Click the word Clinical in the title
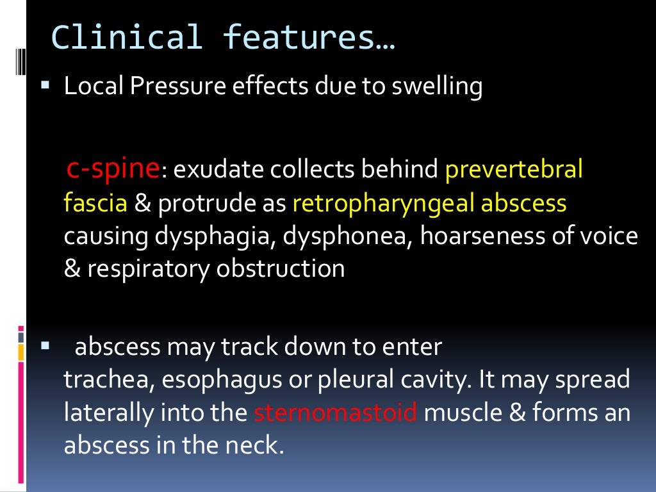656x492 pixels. tap(127, 37)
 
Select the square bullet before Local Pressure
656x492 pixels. tap(44, 84)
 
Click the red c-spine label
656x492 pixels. tap(113, 168)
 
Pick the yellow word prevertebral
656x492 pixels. tap(514, 170)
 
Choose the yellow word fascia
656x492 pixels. tap(95, 203)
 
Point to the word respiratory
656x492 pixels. tap(148, 269)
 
